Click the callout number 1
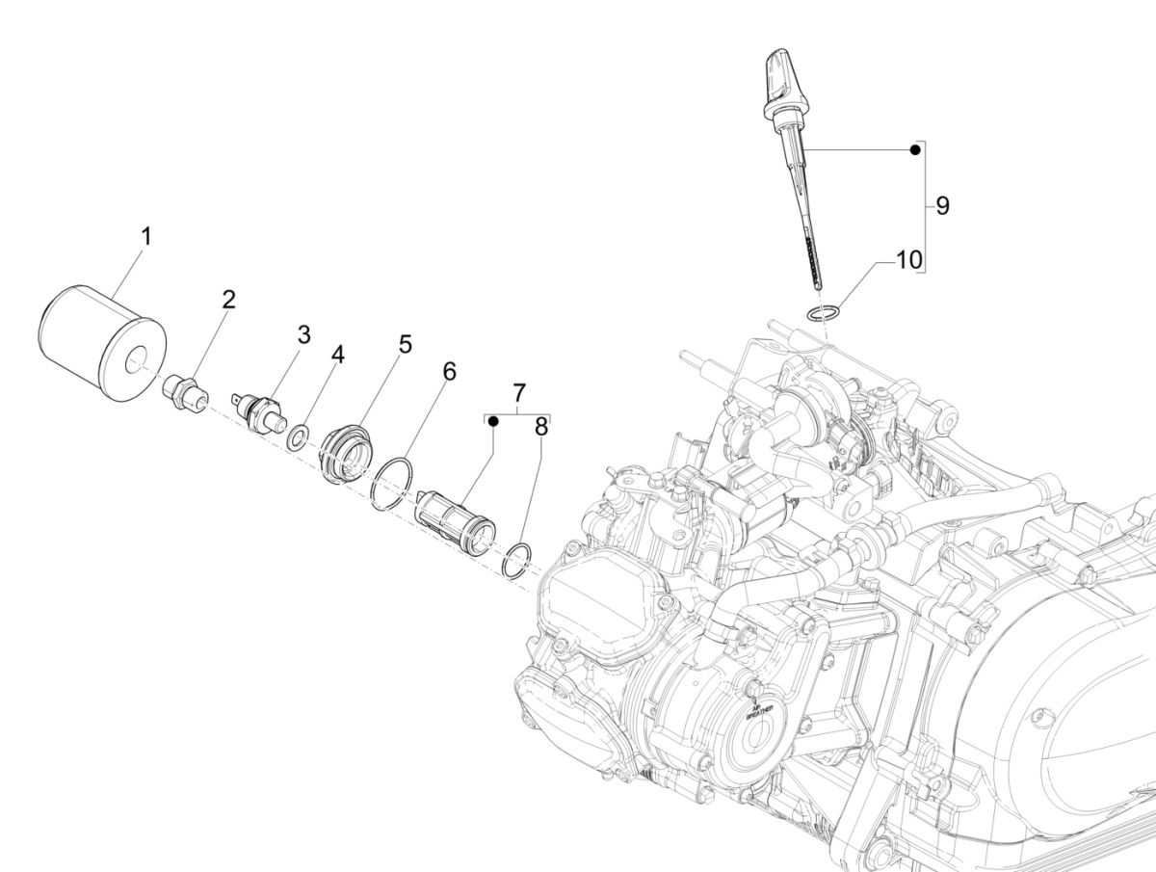pyautogui.click(x=146, y=235)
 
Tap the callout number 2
pyautogui.click(x=228, y=299)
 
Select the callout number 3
pyautogui.click(x=303, y=334)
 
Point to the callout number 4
pyautogui.click(x=337, y=355)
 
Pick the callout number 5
pyautogui.click(x=405, y=344)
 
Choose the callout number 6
pyautogui.click(x=449, y=371)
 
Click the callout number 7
pyautogui.click(x=519, y=393)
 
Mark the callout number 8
pyautogui.click(x=540, y=426)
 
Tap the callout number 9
pyautogui.click(x=942, y=205)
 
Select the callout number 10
pyautogui.click(x=908, y=259)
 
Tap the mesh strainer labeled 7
pyautogui.click(x=454, y=521)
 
